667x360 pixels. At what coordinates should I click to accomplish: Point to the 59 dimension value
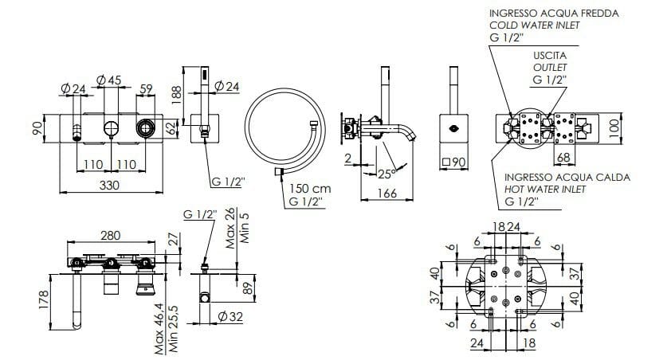click(147, 88)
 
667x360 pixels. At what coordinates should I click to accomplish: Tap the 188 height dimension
click(177, 92)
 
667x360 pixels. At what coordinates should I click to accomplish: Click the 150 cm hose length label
click(309, 189)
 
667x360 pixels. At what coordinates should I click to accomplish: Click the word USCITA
click(549, 56)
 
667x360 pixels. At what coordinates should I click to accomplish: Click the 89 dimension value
click(247, 288)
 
